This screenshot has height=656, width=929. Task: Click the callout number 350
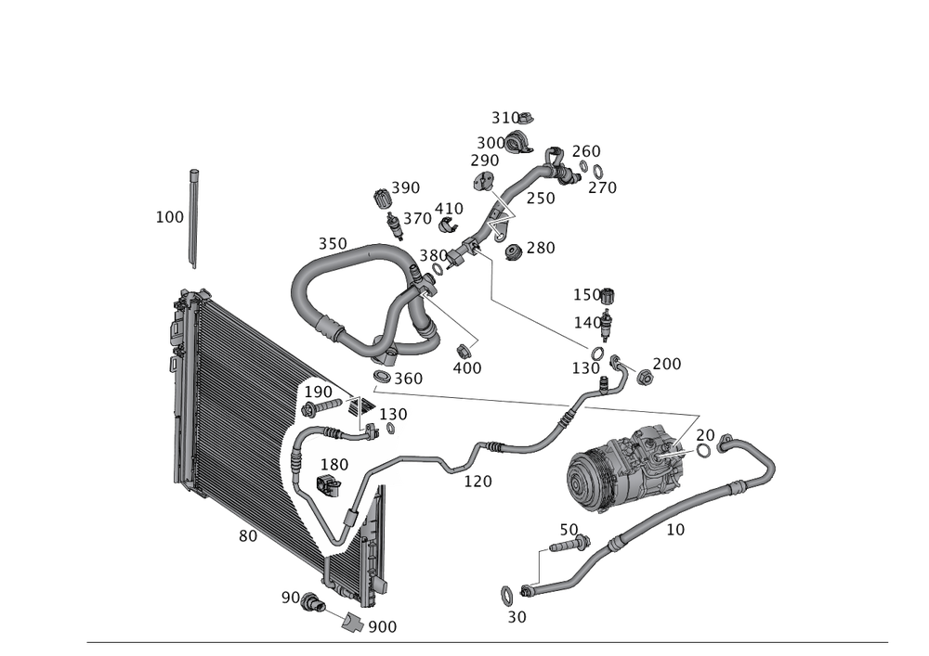[332, 243]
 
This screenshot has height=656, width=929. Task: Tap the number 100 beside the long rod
[169, 217]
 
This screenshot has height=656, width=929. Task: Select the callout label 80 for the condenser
[247, 535]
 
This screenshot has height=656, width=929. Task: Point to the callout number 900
[382, 626]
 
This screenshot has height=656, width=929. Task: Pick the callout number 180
[335, 464]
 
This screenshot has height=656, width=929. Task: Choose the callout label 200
[667, 364]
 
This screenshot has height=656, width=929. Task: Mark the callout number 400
[466, 368]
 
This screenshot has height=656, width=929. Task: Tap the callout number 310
[506, 118]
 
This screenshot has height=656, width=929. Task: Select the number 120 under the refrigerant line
[478, 482]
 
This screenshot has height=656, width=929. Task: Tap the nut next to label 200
[642, 375]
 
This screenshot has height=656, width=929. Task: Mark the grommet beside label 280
[512, 251]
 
